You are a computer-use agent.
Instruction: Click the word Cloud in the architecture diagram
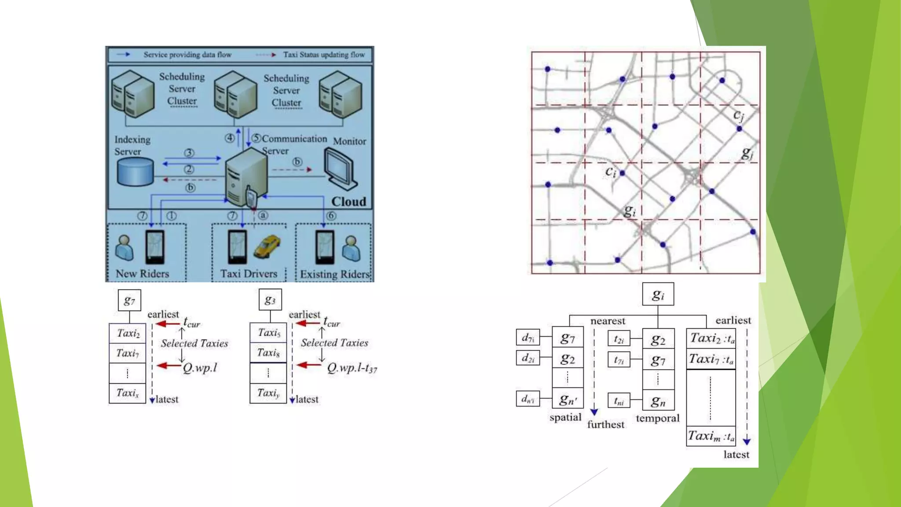point(348,202)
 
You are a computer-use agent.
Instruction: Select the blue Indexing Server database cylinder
point(136,172)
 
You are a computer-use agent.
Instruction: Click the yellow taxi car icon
point(267,246)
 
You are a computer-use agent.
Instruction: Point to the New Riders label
point(142,273)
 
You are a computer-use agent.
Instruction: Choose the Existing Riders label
point(335,274)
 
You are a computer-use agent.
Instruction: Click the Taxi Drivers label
point(249,274)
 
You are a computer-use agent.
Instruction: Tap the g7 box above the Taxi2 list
point(129,301)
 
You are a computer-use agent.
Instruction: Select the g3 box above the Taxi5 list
point(270,300)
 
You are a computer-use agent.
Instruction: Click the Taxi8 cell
point(268,353)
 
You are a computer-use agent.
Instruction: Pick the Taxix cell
point(127,393)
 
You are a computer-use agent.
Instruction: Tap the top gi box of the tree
point(658,294)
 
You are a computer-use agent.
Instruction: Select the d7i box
point(528,338)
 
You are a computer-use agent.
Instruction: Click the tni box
point(619,401)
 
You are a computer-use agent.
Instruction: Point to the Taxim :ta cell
point(711,436)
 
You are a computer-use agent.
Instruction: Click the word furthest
point(605,425)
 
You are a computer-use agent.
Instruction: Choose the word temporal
point(657,418)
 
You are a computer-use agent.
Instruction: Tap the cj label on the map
point(739,115)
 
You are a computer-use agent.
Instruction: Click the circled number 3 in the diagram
point(189,153)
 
